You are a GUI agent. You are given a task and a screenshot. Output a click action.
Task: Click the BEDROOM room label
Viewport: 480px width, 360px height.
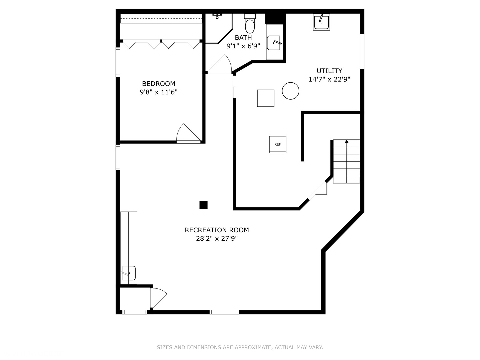pos(158,84)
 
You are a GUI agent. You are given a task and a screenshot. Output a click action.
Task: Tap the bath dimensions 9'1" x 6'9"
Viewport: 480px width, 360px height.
pos(243,46)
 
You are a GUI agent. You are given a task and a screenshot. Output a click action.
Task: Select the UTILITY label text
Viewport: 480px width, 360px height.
pos(329,71)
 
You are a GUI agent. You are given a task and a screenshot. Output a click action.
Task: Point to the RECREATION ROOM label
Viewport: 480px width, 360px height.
pos(217,230)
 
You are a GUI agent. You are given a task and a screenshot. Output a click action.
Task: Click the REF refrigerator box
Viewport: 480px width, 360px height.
pos(278,144)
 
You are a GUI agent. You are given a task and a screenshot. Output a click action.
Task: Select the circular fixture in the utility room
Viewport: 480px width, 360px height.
pos(290,91)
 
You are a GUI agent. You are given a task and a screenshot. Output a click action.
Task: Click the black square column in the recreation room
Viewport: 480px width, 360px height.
pos(203,205)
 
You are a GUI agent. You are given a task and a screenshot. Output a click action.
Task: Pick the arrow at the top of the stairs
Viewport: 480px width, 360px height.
pos(347,142)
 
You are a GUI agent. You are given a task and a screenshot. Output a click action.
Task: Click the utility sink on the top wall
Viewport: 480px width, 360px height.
pos(321,22)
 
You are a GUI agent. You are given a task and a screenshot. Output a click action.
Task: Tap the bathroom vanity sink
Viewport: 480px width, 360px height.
pos(274,43)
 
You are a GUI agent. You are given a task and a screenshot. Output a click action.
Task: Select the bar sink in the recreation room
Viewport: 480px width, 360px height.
pos(129,273)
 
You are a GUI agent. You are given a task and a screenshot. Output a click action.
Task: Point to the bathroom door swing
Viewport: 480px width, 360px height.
pos(220,64)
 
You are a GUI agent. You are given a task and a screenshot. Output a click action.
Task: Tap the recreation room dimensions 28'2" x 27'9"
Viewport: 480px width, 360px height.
pos(217,239)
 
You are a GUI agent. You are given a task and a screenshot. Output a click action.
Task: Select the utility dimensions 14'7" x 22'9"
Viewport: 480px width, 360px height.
pos(329,79)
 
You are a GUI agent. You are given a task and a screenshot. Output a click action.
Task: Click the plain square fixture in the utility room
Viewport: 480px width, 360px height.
pos(266,98)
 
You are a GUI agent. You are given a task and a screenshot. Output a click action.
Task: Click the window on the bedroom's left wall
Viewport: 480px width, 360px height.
pos(118,62)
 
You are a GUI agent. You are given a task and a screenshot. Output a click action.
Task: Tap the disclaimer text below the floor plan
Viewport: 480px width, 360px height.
pos(240,347)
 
